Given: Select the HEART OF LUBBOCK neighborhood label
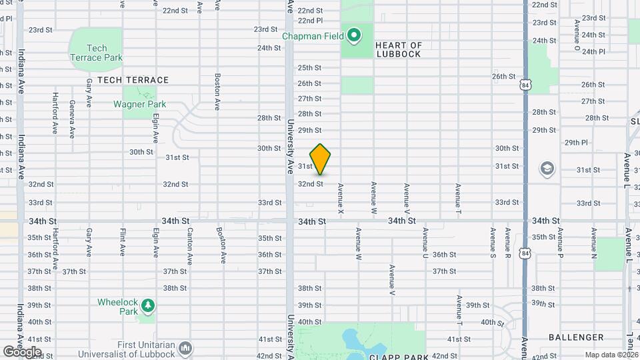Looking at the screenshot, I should click(399, 49).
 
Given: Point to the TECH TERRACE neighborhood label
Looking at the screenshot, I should click(133, 80).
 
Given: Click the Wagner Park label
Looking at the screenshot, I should click(139, 104).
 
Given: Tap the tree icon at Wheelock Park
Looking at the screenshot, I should click(147, 306).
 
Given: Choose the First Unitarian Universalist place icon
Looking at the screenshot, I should click(185, 348).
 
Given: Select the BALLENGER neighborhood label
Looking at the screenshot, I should click(576, 338).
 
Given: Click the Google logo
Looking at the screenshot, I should click(22, 351).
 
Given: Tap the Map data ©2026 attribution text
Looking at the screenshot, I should click(611, 355).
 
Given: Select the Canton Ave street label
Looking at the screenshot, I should click(190, 243).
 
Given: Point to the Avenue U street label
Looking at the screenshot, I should click(424, 243).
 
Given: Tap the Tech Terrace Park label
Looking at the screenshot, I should click(97, 53).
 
